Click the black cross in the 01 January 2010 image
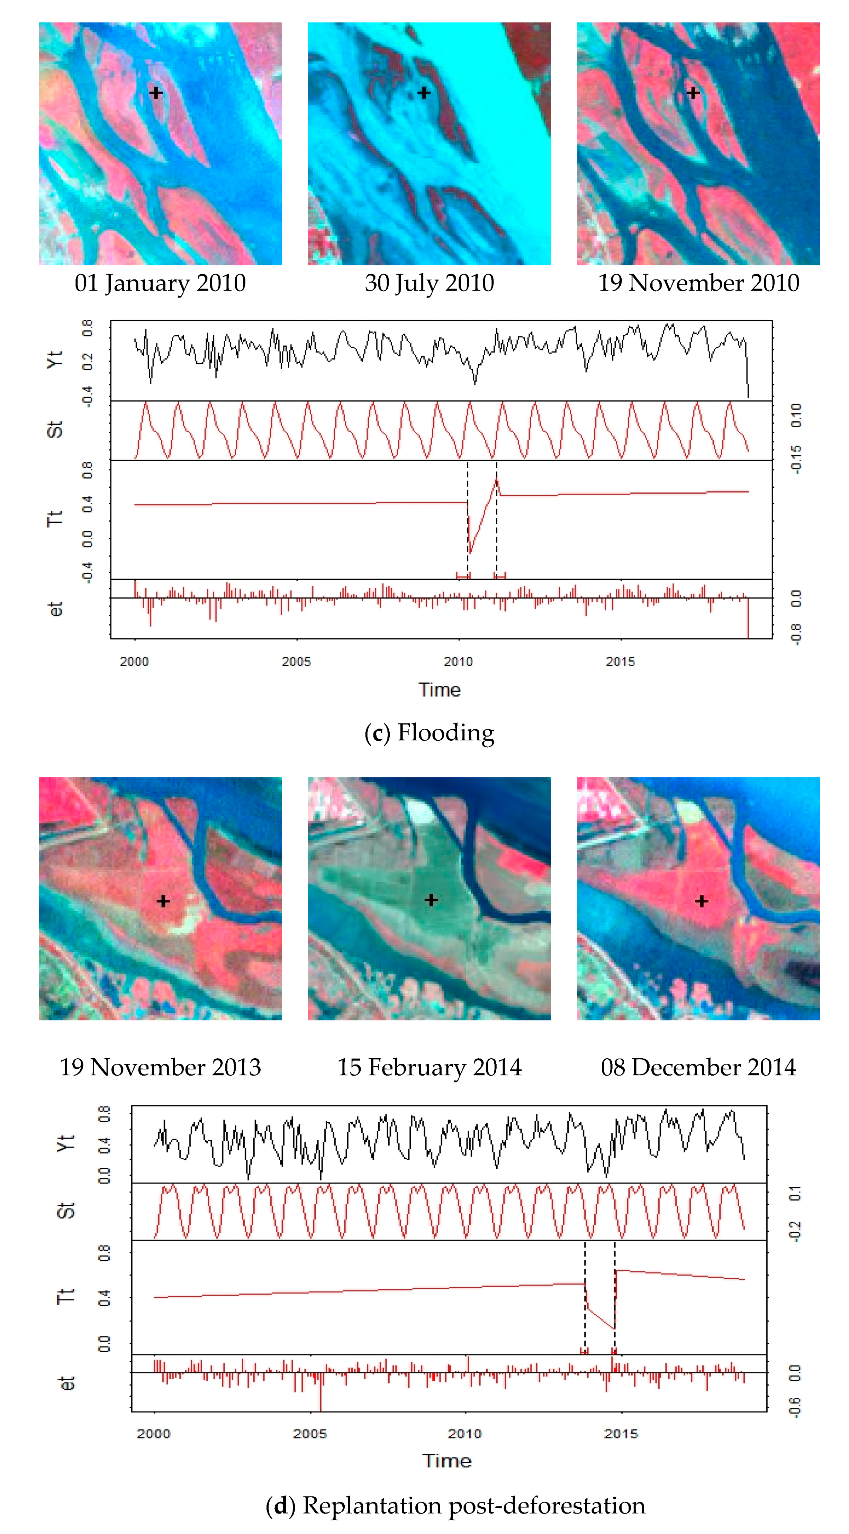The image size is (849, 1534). pyautogui.click(x=155, y=93)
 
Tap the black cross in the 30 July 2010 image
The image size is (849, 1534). pyautogui.click(x=424, y=93)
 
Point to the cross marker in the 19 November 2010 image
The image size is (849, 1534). pyautogui.click(x=693, y=93)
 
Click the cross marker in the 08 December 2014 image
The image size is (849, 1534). pyautogui.click(x=701, y=901)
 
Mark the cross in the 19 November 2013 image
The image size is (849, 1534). pyautogui.click(x=163, y=901)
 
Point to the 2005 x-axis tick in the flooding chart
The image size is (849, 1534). pyautogui.click(x=296, y=661)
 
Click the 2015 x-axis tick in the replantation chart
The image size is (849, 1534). pyautogui.click(x=621, y=1433)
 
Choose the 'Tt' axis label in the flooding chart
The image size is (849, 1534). pyautogui.click(x=55, y=518)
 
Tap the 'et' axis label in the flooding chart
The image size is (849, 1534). pyautogui.click(x=55, y=609)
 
